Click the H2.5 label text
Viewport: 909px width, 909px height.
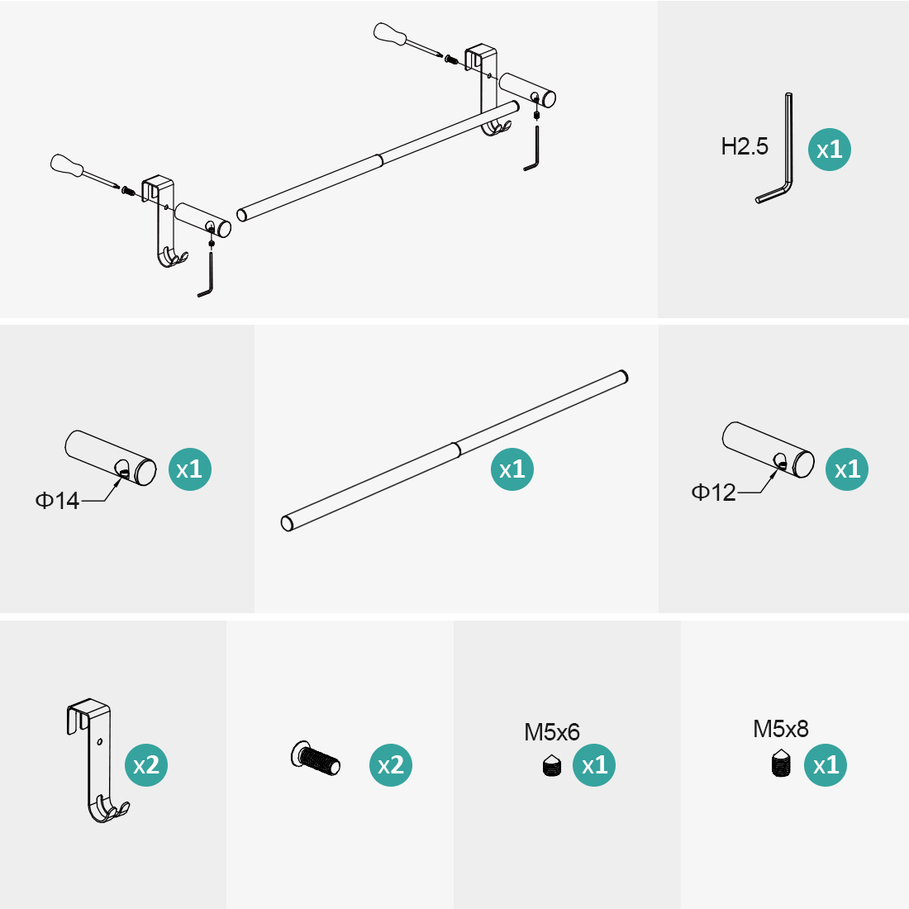pyautogui.click(x=745, y=146)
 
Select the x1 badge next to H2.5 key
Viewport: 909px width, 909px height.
pyautogui.click(x=830, y=150)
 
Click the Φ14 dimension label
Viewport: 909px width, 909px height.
pyautogui.click(x=57, y=500)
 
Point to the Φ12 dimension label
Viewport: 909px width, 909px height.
pyautogui.click(x=713, y=493)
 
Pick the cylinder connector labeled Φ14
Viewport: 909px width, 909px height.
pyautogui.click(x=110, y=458)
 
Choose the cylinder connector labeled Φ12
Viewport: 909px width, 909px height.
pyautogui.click(x=769, y=450)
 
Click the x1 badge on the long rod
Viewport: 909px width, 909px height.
pyautogui.click(x=512, y=469)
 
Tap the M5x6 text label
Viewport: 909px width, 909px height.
pyautogui.click(x=552, y=732)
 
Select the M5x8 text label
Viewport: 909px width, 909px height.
pyautogui.click(x=781, y=730)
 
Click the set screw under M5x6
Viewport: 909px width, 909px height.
pyautogui.click(x=552, y=765)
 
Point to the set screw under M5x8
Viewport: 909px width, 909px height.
pyautogui.click(x=782, y=764)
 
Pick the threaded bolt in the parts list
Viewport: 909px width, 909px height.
pyautogui.click(x=316, y=758)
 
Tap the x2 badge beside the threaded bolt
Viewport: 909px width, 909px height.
pyautogui.click(x=391, y=765)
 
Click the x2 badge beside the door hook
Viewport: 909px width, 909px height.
pyautogui.click(x=146, y=765)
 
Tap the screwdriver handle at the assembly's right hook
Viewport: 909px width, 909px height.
pyautogui.click(x=389, y=32)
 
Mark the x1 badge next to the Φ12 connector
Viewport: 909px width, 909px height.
pyautogui.click(x=847, y=469)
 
